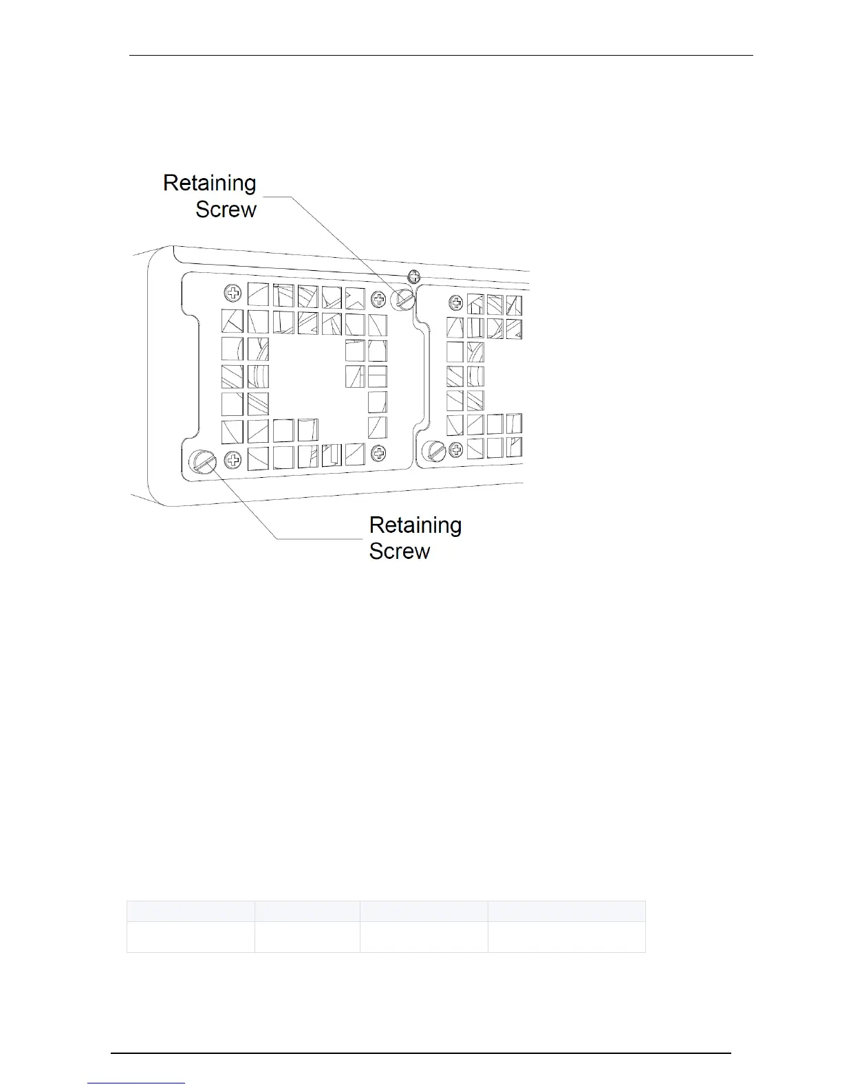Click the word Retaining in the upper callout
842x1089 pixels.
pyautogui.click(x=209, y=183)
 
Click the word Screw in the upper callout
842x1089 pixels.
pyautogui.click(x=226, y=209)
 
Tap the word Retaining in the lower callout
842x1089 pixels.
pyautogui.click(x=415, y=525)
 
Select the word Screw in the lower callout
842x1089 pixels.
pyautogui.click(x=399, y=551)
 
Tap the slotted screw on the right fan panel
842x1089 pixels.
pyautogui.click(x=435, y=451)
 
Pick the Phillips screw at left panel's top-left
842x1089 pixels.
pyautogui.click(x=234, y=294)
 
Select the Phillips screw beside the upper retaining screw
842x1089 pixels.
pyautogui.click(x=378, y=299)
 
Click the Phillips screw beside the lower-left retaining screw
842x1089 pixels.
pyautogui.click(x=233, y=459)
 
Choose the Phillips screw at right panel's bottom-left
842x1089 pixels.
pyautogui.click(x=456, y=451)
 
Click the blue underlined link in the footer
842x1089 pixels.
pyautogui.click(x=136, y=1083)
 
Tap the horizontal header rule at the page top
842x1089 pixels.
pyautogui.click(x=440, y=56)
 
